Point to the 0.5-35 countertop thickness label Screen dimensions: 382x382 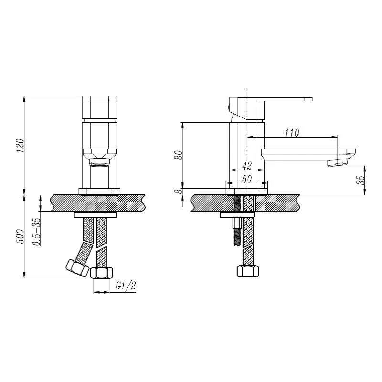point(37,232)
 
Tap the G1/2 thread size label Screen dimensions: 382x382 point(126,286)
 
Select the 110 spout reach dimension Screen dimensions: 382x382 point(292,133)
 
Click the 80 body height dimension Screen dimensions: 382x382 point(179,155)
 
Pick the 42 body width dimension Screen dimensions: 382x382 point(247,166)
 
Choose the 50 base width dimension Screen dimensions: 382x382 point(247,179)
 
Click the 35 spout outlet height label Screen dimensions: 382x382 point(361,180)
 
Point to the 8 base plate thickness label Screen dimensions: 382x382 point(180,191)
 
